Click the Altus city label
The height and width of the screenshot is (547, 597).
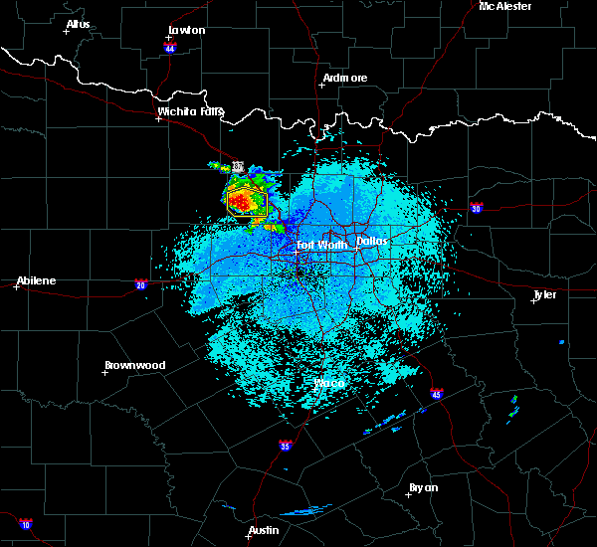[x=78, y=24]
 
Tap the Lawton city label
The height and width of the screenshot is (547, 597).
[x=186, y=30]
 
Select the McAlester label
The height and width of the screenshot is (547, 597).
[x=505, y=6]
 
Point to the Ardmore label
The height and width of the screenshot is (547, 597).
[x=345, y=78]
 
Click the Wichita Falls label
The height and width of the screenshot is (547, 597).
[x=190, y=111]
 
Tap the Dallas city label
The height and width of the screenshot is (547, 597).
[x=372, y=241]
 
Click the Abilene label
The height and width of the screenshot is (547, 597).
[x=36, y=280]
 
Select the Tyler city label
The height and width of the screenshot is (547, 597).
[x=544, y=294]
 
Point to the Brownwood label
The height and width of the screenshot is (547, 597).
[x=135, y=365]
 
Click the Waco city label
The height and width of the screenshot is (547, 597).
[x=328, y=383]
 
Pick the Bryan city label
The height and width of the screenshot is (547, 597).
[x=423, y=487]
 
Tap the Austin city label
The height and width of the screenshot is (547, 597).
[x=264, y=530]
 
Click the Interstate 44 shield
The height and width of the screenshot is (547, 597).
[x=170, y=47]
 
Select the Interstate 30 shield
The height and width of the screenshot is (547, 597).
[x=476, y=208]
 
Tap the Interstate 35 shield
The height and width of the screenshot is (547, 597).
[x=285, y=446]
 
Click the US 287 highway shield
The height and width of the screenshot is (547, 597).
[x=238, y=166]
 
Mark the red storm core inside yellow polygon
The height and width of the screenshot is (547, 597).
[x=242, y=203]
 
